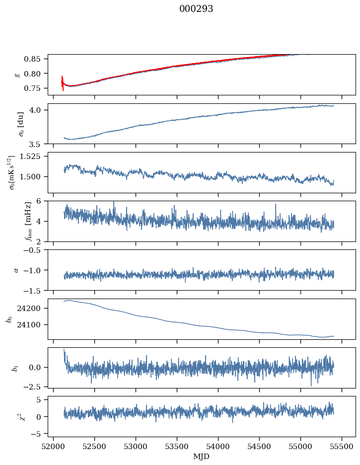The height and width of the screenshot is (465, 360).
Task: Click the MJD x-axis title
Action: pyautogui.click(x=201, y=457)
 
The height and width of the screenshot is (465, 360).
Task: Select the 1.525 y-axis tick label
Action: pyautogui.click(x=34, y=156)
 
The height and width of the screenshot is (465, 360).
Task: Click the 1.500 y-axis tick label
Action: pyautogui.click(x=34, y=177)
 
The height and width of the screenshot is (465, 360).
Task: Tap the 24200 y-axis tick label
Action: pyautogui.click(x=33, y=309)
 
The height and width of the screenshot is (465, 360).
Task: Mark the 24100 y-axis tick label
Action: pyautogui.click(x=33, y=325)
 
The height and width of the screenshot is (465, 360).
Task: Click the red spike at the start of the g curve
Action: pyautogui.click(x=63, y=82)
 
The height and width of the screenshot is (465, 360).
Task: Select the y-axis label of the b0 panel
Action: pyautogui.click(x=9, y=319)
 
